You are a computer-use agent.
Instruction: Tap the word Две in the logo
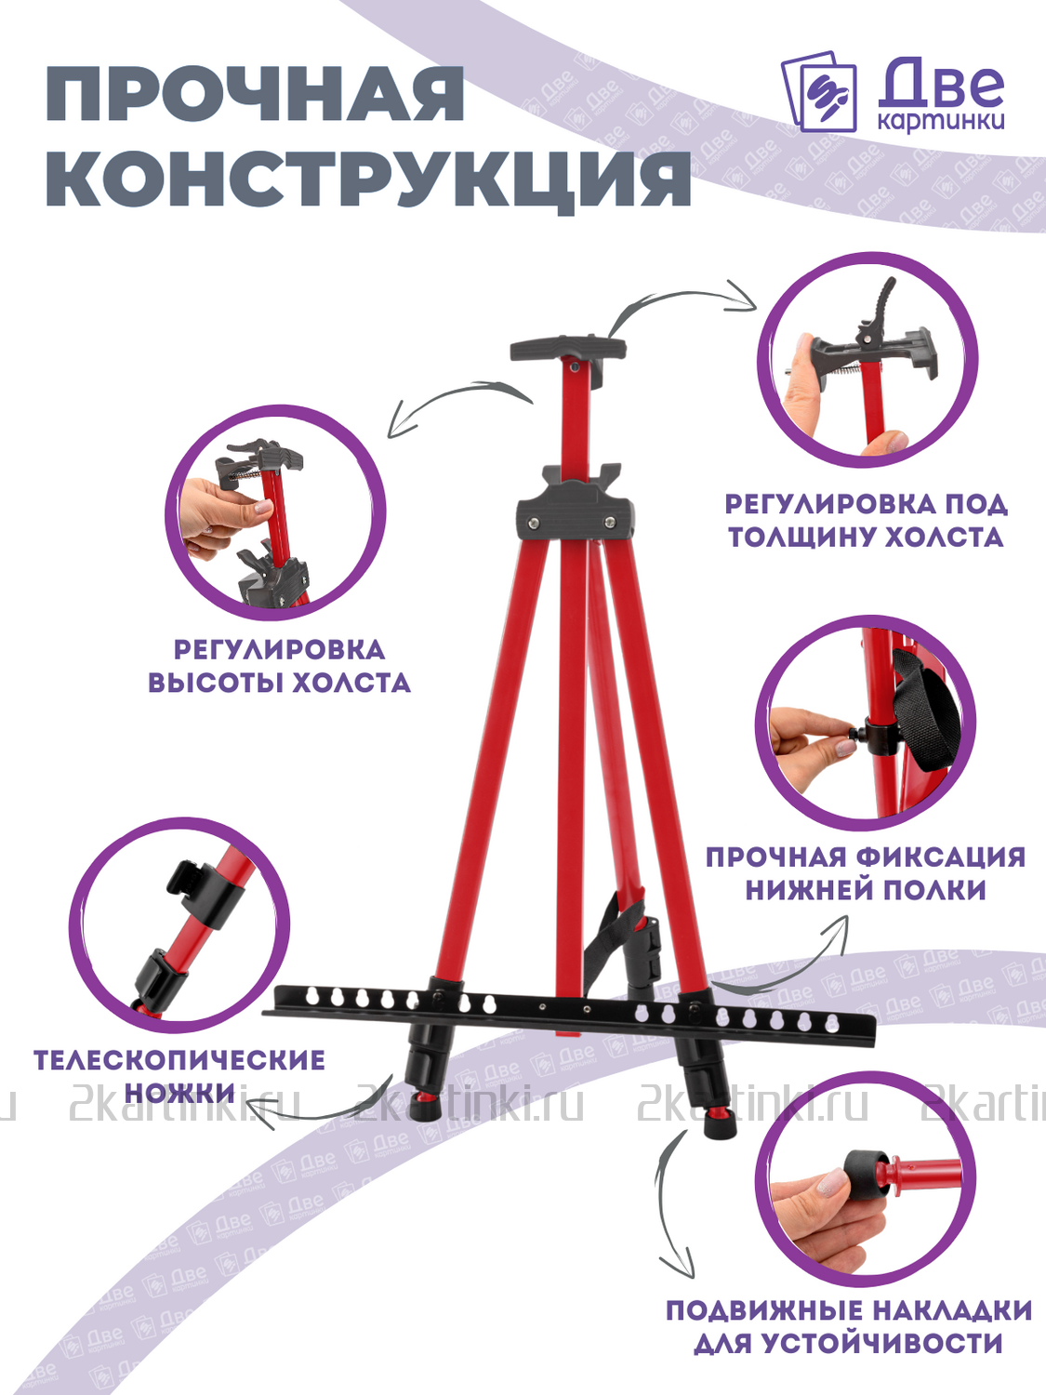point(942,83)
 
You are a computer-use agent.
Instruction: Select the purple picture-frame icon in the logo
point(818,91)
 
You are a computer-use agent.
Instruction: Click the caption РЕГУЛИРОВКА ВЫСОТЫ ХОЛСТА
point(279,666)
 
